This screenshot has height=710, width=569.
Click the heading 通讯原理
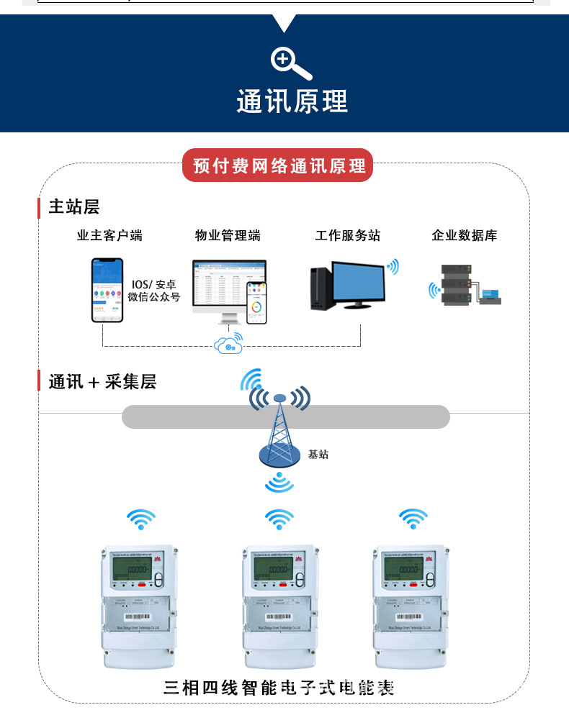tap(292, 101)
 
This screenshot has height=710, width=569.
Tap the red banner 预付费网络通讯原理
tap(279, 166)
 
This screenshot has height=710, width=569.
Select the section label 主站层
tap(73, 207)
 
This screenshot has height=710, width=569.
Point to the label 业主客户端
tap(109, 235)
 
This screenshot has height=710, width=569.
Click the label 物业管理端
tap(228, 235)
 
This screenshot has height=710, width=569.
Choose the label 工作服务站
tap(347, 235)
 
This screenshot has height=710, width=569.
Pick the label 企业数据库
tap(464, 235)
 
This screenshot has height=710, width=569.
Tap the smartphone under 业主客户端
tap(107, 290)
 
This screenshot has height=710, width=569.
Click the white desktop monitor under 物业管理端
tap(220, 288)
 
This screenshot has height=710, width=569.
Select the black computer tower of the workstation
tap(321, 288)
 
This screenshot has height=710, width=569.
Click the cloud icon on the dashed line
tap(228, 346)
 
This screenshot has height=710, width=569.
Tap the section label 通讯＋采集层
tap(102, 382)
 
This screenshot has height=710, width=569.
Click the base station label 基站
tap(318, 455)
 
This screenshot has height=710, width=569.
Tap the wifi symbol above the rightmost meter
tap(413, 518)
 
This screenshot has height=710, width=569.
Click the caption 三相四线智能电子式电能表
tap(279, 687)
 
